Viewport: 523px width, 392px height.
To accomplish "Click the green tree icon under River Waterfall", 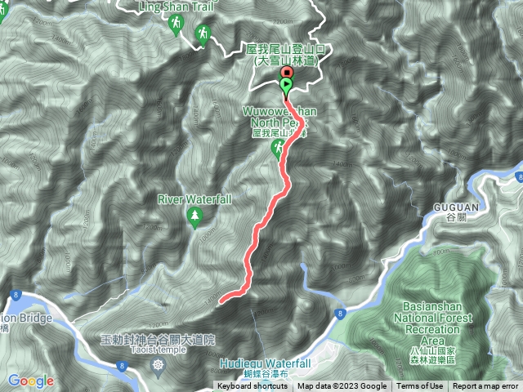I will (194, 216).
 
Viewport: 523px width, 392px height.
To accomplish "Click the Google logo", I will (30, 381).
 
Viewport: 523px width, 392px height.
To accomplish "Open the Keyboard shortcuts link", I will (252, 386).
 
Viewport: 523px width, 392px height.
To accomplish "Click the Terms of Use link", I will (420, 386).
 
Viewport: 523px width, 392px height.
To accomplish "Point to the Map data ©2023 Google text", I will (342, 386).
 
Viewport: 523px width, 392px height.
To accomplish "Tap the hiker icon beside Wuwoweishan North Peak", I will (279, 148).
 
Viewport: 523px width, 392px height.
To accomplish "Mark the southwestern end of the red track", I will (221, 301).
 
